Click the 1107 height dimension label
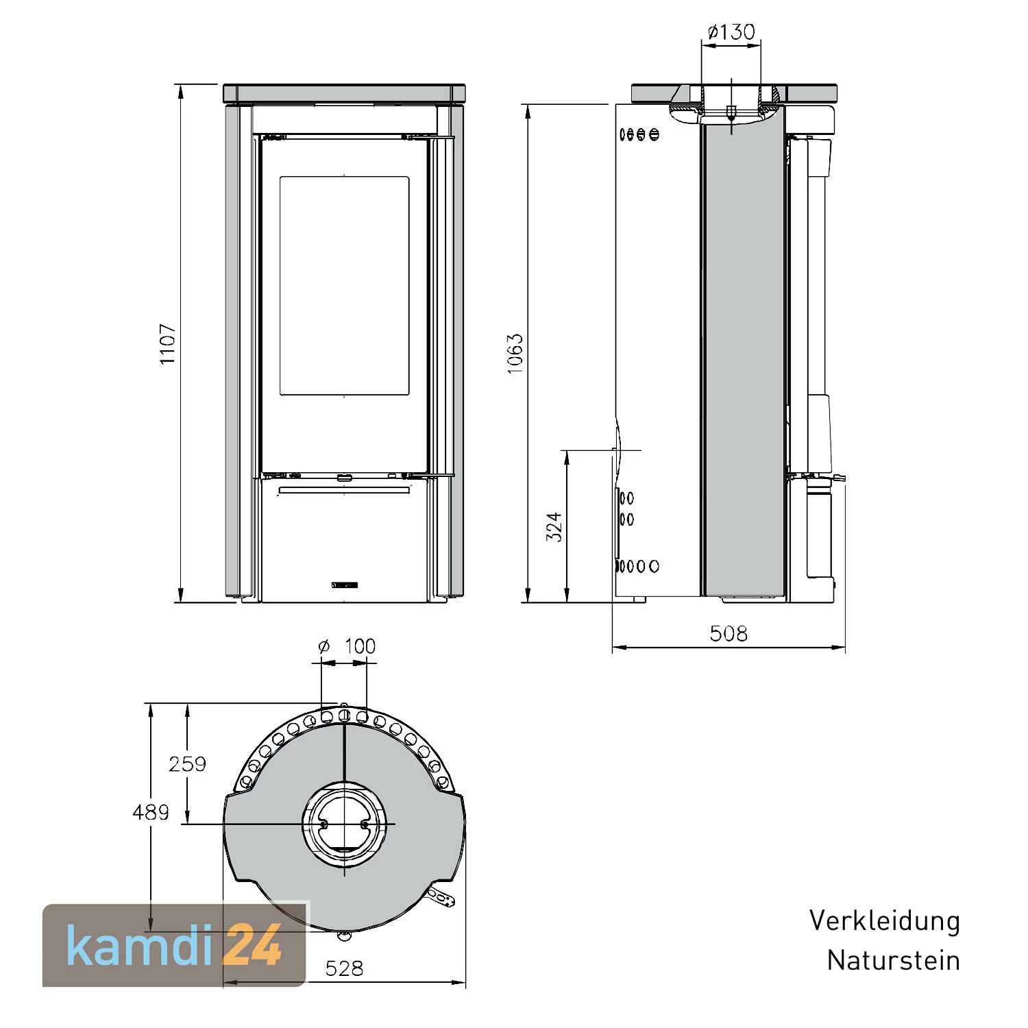pos(168,344)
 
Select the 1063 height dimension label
pos(515,354)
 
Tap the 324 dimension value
pos(554,526)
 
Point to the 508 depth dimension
pos(729,633)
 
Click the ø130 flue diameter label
pos(731,32)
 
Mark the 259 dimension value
pos(187,763)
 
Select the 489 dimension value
pos(151,812)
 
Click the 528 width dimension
pos(344,968)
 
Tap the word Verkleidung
pos(884,920)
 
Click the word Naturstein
pos(893,960)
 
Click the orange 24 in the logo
pos(254,946)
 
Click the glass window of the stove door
pos(344,285)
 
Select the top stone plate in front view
pos(345,93)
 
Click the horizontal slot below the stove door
pos(345,491)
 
